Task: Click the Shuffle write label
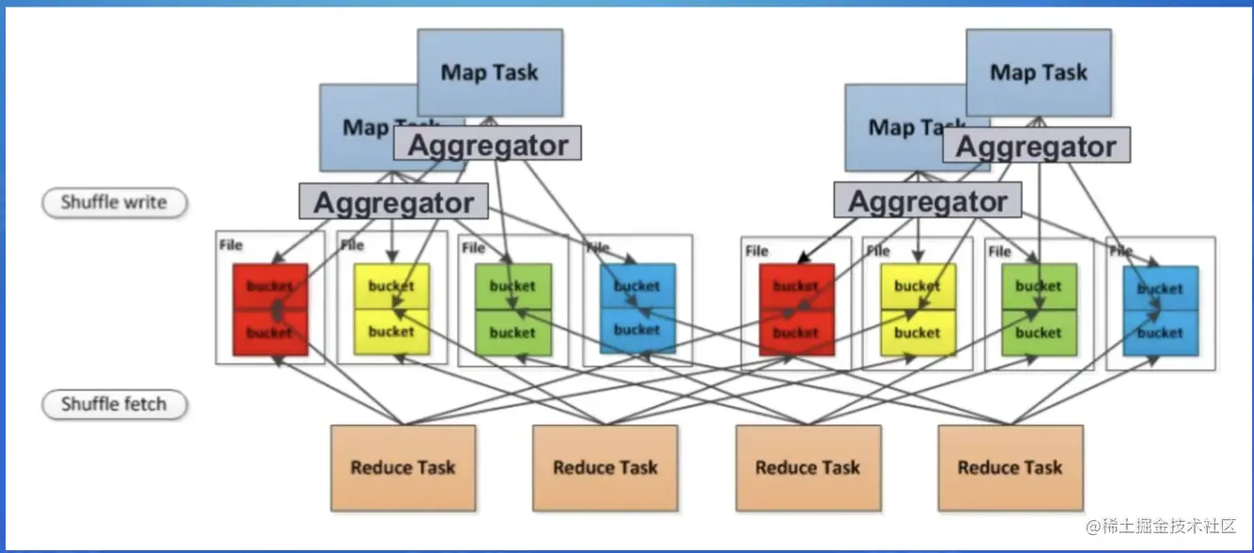coord(114,202)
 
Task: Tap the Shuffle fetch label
coord(114,404)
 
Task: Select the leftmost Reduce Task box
coord(403,467)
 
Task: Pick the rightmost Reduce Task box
coord(1009,467)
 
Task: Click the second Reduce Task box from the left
coord(604,467)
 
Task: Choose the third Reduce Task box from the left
coord(808,467)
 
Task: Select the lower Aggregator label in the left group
coord(394,202)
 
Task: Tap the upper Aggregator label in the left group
coord(487,145)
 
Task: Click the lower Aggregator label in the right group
coord(927,201)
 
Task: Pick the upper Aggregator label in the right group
coord(1036,146)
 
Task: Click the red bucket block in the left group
coord(270,309)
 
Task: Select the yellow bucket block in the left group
coord(391,309)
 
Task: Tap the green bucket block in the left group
coord(512,309)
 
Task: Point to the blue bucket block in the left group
coord(637,308)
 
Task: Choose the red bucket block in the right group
coord(796,310)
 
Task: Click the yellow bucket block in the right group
coord(917,309)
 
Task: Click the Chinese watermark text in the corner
coord(1160,527)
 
